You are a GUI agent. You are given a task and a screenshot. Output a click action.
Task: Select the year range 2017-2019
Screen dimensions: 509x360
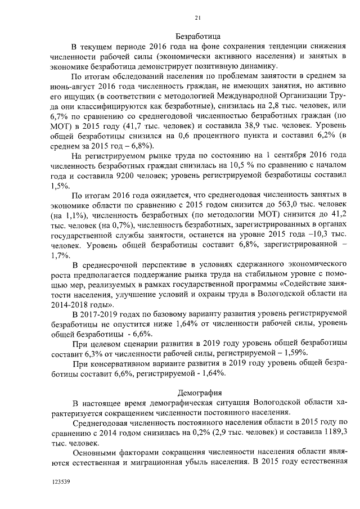click(x=106, y=313)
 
